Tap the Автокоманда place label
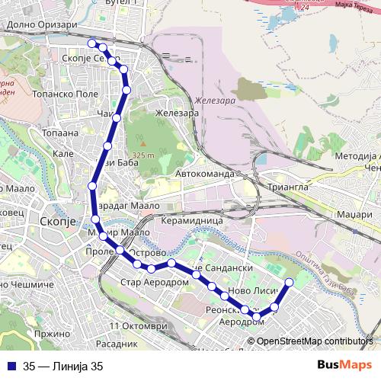[205, 174]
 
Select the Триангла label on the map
[287, 186]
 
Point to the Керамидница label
[192, 219]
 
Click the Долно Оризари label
[42, 24]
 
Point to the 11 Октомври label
[138, 326]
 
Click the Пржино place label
[52, 334]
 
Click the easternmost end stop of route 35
[289, 283]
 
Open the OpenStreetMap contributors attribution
[315, 341]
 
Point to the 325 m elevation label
[142, 155]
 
